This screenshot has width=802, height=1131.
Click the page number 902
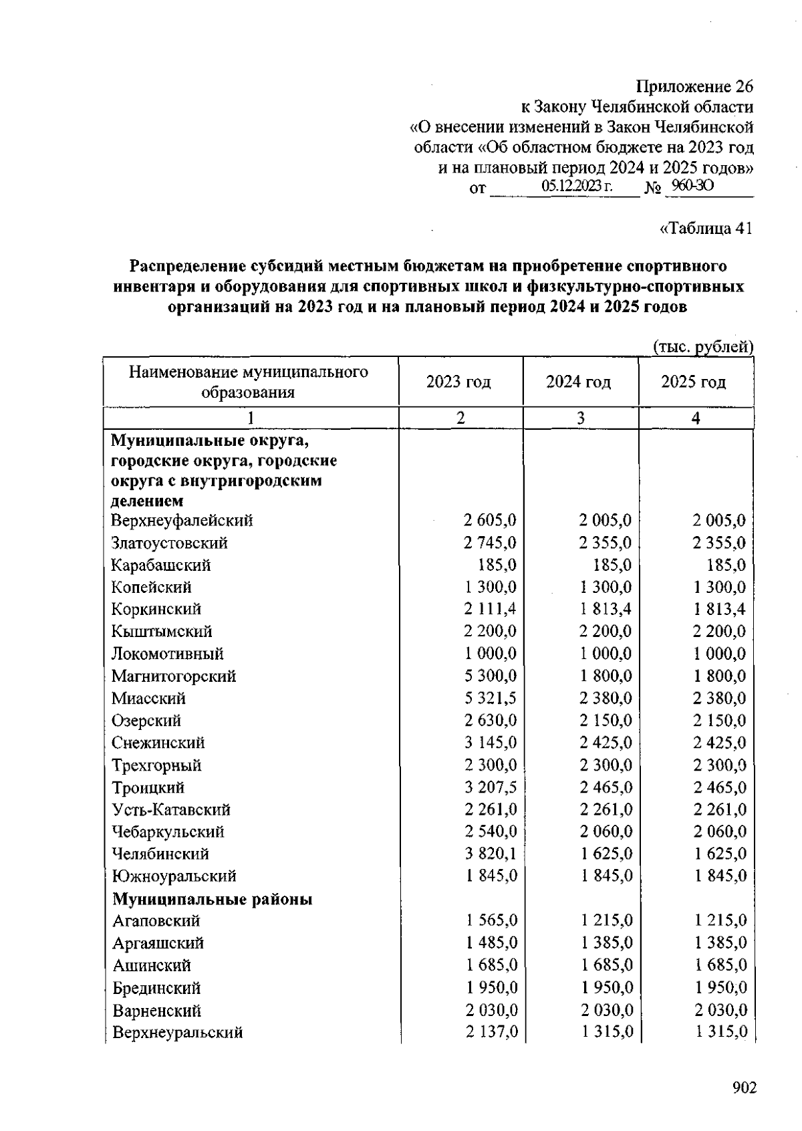pos(744,1088)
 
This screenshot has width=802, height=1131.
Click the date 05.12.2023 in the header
pos(577,186)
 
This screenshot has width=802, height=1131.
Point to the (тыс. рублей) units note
pos(702,347)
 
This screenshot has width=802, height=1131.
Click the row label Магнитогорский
pos(174,676)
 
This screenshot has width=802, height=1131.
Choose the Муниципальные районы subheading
pos(213,899)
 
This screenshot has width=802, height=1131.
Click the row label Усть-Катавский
pos(171,809)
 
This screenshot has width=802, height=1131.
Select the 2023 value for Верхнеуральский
pos(492,1032)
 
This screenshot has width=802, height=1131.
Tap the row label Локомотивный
pos(168,654)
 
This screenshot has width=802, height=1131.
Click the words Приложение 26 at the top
pos(694,87)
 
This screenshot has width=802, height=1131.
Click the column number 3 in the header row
pos(581,418)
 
